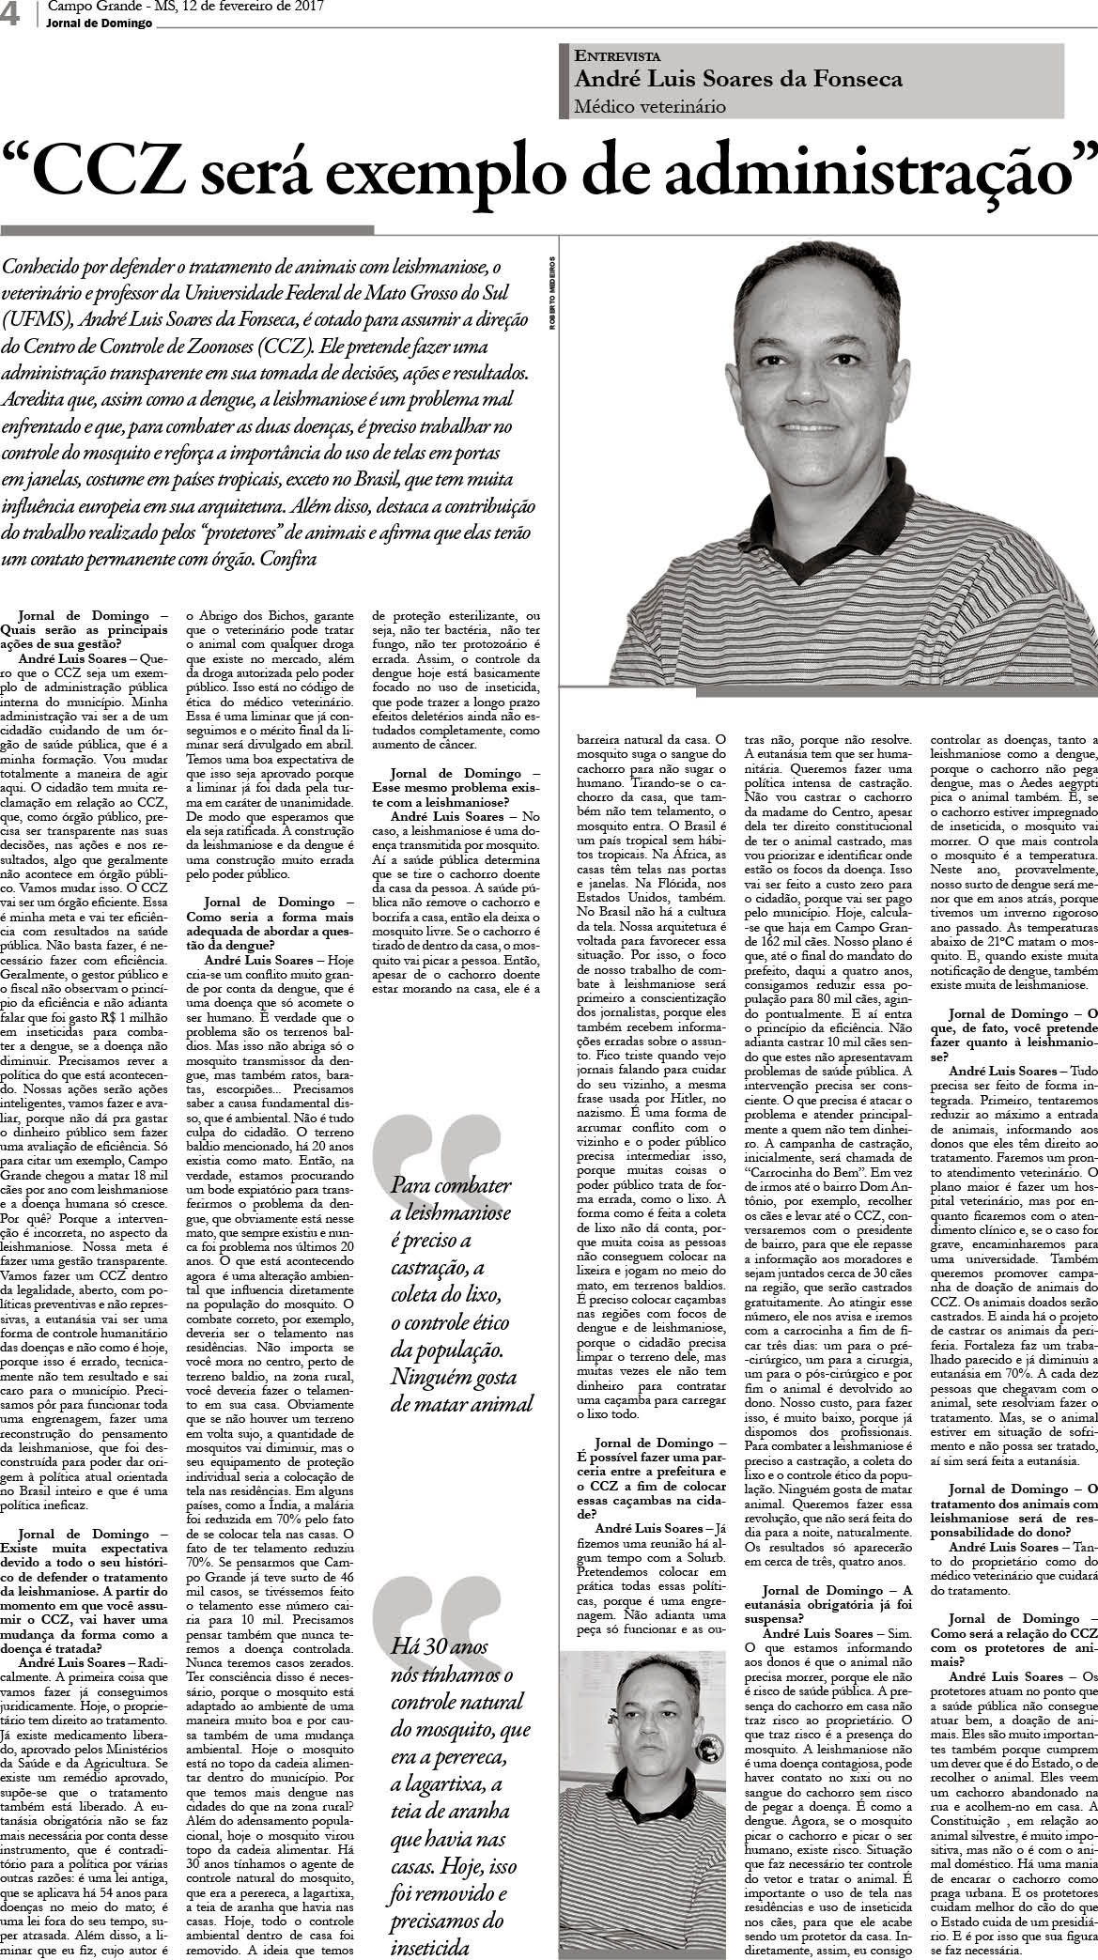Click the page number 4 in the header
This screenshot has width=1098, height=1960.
point(11,15)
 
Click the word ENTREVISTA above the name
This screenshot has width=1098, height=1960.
point(617,56)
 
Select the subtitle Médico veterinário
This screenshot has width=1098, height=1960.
point(650,106)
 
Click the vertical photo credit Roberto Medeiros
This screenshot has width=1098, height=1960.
point(554,292)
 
